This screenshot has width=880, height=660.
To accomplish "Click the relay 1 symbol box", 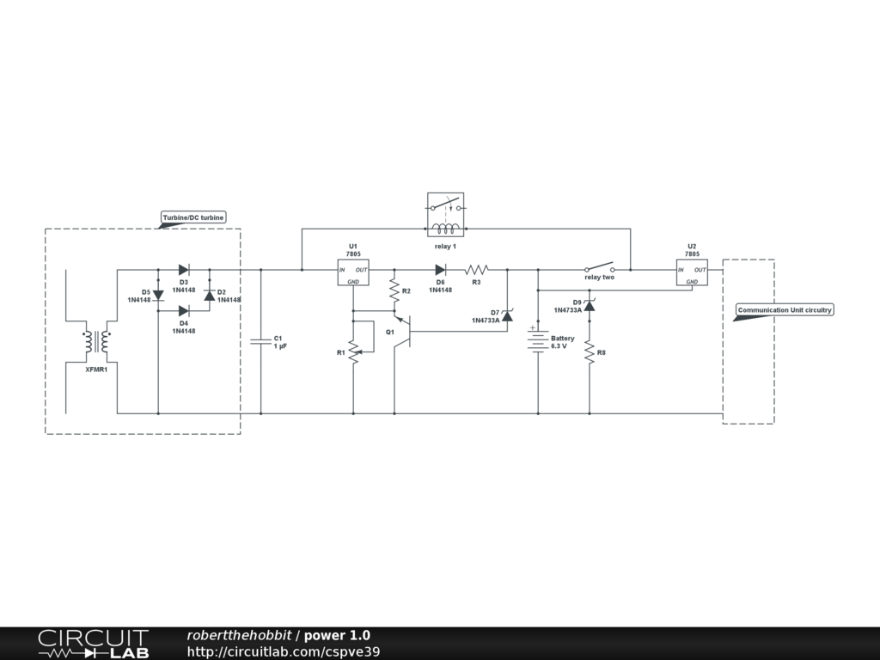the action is click(445, 214).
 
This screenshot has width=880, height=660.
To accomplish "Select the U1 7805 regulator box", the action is click(352, 272).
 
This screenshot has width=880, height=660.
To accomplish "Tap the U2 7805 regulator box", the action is click(692, 272).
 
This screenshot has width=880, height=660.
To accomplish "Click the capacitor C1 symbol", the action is click(260, 341).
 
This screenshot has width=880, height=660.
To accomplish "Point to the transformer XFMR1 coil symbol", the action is click(96, 342).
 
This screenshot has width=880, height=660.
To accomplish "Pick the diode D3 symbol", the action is click(183, 270).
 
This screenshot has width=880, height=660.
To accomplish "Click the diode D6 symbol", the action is click(440, 270).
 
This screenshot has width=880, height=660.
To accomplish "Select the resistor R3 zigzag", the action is click(477, 270).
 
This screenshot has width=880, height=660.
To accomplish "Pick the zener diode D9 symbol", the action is click(590, 305).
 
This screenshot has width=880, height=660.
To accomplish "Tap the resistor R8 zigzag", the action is click(590, 352).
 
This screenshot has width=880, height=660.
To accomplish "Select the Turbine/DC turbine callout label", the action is click(193, 217).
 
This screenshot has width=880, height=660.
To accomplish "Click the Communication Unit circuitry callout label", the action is click(785, 309).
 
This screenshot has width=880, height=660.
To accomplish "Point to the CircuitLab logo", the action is click(93, 644).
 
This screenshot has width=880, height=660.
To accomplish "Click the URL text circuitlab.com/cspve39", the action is click(284, 651).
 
